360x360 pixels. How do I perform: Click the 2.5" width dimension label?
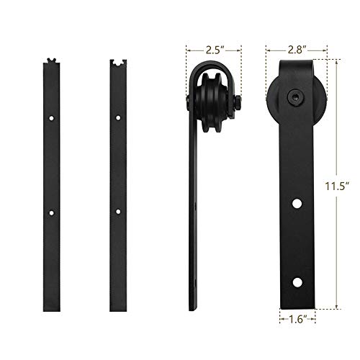(214, 51)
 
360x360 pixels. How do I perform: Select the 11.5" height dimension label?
(347, 184)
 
